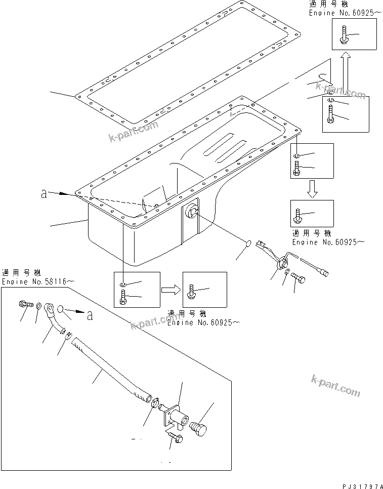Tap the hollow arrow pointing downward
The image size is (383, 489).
[312, 189]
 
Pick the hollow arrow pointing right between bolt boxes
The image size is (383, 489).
[171, 290]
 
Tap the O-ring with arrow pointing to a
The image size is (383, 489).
[60, 309]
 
